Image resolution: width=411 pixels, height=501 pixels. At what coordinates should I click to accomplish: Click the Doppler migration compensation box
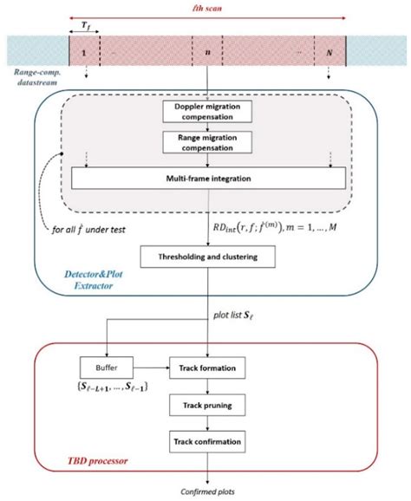(x=206, y=112)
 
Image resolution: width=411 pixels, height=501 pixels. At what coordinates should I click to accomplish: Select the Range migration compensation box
(x=206, y=142)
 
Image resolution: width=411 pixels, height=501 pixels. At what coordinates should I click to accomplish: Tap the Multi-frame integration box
(x=207, y=178)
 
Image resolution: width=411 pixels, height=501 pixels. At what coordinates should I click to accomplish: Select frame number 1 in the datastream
(x=84, y=53)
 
